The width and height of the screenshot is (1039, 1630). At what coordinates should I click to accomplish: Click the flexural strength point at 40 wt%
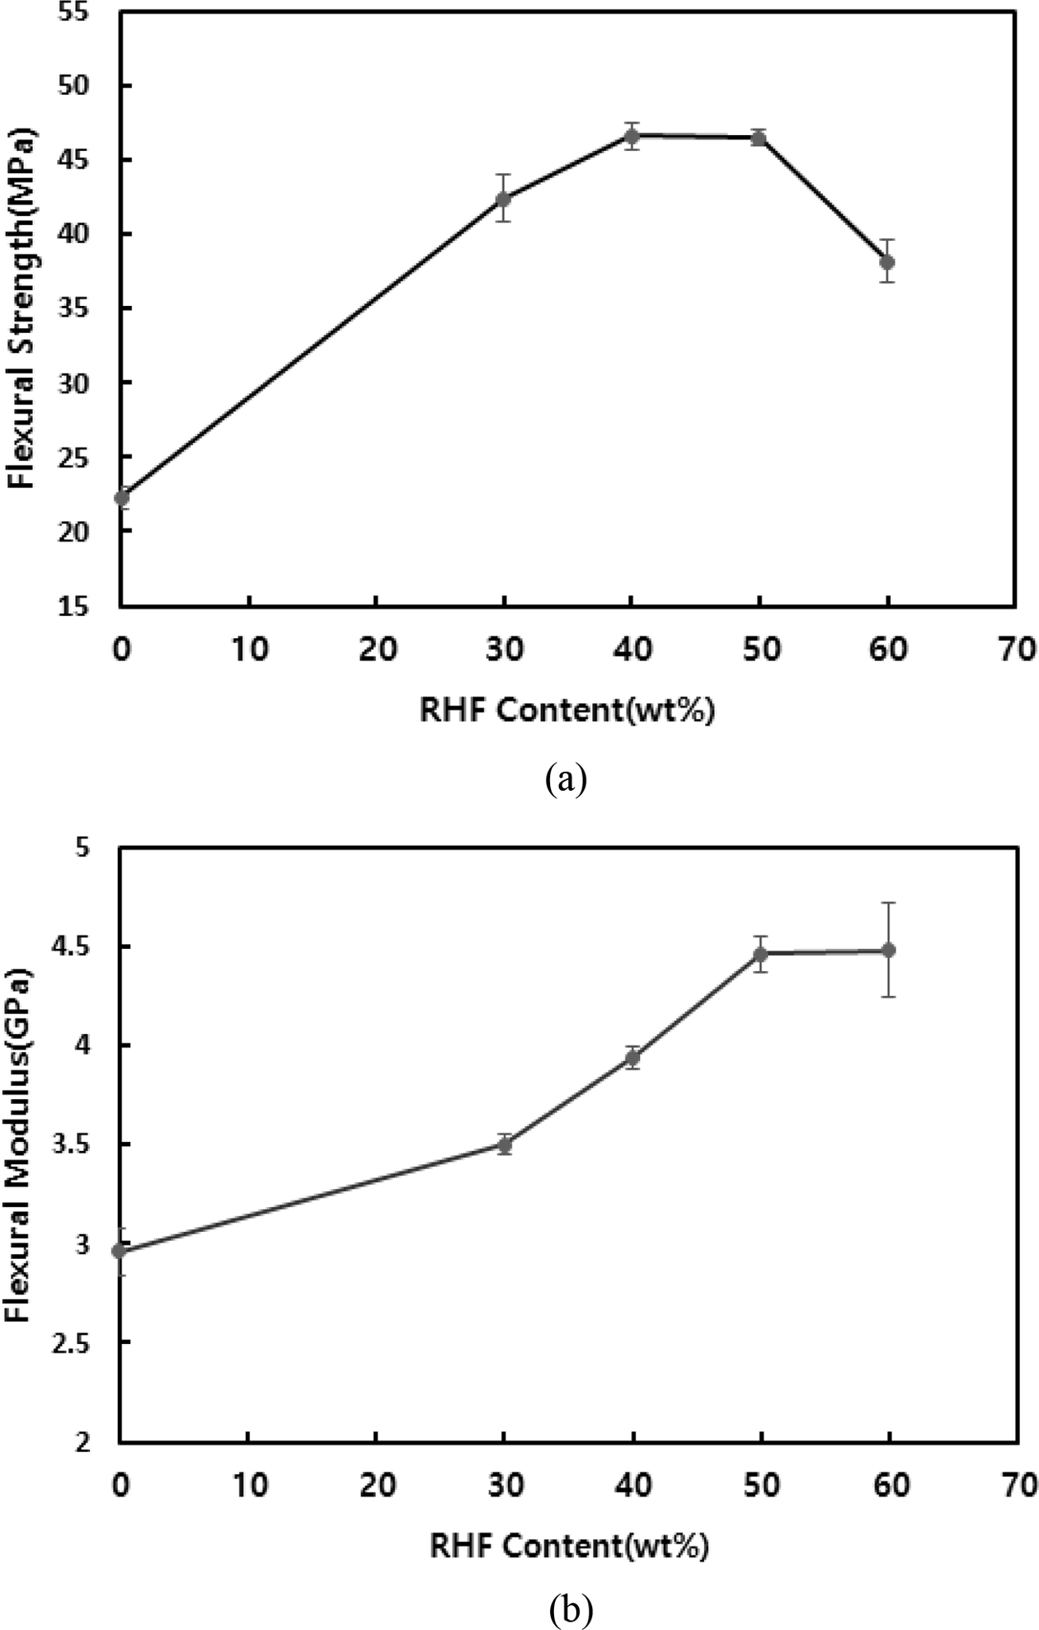coord(632,136)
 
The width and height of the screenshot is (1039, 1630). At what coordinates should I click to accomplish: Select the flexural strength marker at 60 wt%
coord(887,262)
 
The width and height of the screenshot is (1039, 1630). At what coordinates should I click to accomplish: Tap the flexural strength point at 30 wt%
coord(504,199)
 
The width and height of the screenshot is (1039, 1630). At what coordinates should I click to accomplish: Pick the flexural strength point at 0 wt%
coord(122,497)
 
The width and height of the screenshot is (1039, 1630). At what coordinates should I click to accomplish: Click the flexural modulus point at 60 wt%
coord(888,950)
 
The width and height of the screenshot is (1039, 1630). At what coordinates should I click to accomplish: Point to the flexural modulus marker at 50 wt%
coord(760,955)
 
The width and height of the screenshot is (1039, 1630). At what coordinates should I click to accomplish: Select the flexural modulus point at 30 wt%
coord(505,1144)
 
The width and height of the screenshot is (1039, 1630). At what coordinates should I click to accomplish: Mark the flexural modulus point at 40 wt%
coord(632,1058)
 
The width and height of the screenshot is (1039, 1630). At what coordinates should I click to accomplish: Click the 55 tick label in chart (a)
coord(79,14)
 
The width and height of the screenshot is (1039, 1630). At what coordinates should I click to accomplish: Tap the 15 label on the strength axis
coord(79,607)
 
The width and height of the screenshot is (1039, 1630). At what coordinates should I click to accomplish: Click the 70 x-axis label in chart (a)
coord(1017,650)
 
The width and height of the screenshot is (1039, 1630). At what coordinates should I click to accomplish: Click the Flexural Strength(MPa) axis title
coord(21,308)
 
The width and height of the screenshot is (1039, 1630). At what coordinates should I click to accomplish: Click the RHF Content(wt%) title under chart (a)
coord(567,710)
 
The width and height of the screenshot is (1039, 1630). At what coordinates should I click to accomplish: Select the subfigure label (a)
coord(566,778)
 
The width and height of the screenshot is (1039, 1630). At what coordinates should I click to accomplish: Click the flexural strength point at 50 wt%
coord(759,138)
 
